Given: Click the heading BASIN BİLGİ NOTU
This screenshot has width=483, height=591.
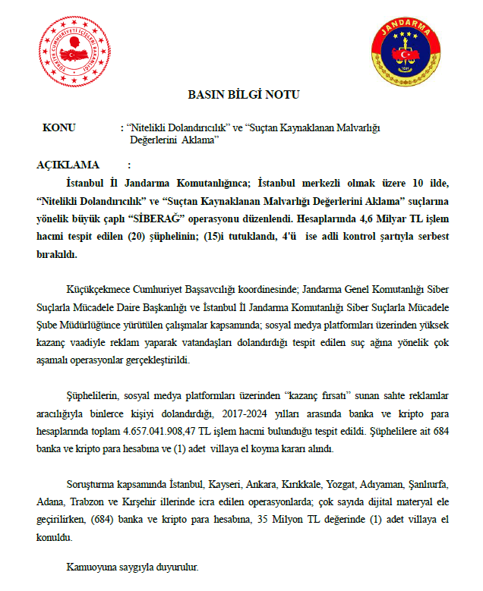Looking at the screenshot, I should (244, 95).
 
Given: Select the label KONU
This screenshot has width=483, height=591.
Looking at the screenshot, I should (59, 128).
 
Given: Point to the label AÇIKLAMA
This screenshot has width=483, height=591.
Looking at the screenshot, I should (68, 165).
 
